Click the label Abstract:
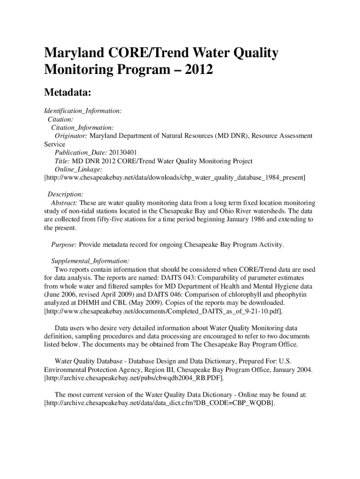pyautogui.click(x=64, y=203)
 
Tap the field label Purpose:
pyautogui.click(x=64, y=245)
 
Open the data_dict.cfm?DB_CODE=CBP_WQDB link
pyautogui.click(x=159, y=403)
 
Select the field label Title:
pyautogui.click(x=63, y=161)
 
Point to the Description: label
pyautogui.click(x=66, y=194)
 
